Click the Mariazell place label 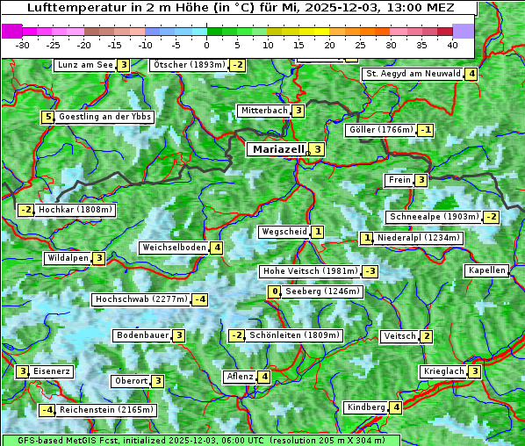point(278,149)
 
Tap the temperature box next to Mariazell point(317,149)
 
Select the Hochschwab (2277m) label point(141,299)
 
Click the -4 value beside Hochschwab point(200,299)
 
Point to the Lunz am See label point(84,65)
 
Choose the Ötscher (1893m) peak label point(189,65)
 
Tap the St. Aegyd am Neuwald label point(413,74)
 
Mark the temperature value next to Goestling point(47,117)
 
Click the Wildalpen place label point(68,258)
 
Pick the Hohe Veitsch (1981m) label point(310,271)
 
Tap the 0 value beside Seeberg point(275,291)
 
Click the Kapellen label point(486,270)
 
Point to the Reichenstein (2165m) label point(108,410)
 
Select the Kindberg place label point(366,407)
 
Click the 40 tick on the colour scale point(452,45)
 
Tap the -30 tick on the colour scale point(23,45)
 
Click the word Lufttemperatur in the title point(71,7)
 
